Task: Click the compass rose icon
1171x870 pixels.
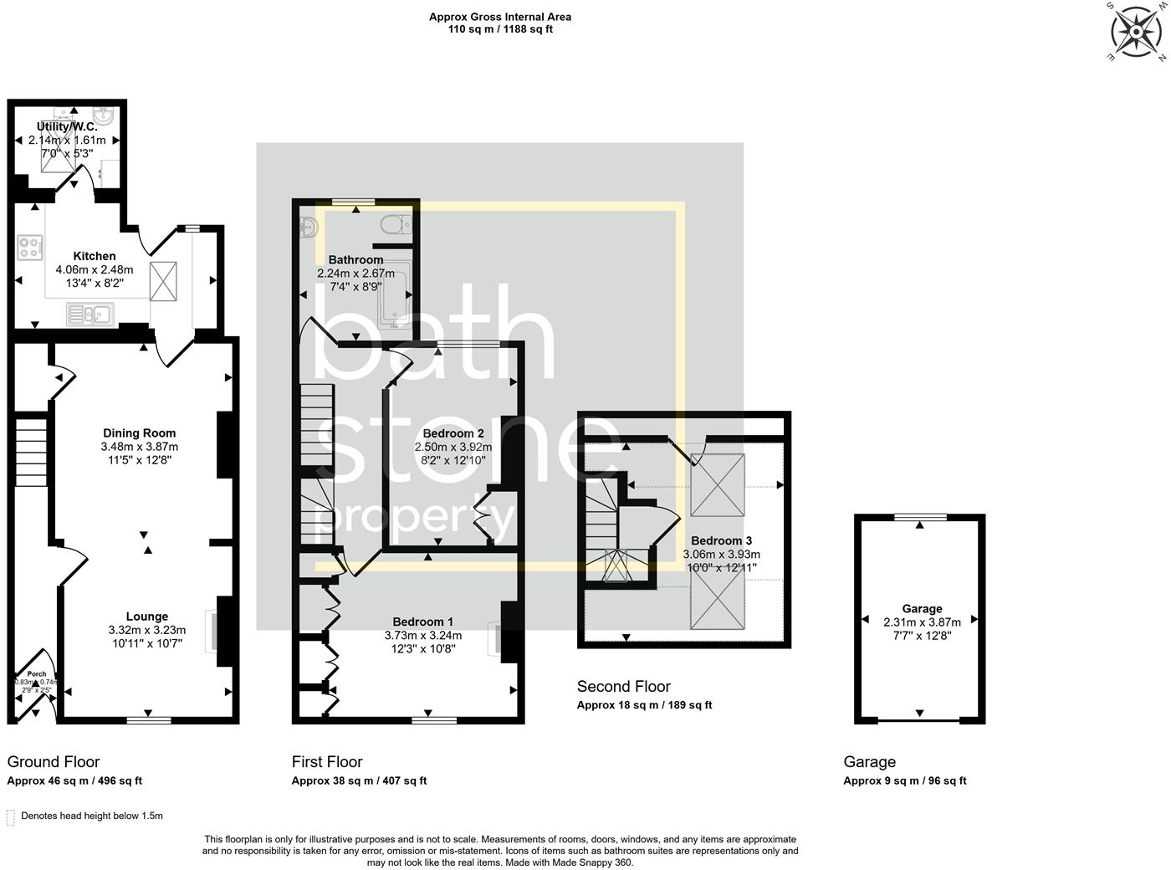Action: pos(1136,32)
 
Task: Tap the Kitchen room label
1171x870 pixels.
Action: pos(95,256)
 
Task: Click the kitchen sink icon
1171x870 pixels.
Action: pos(92,315)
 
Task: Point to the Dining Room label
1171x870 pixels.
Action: pos(139,432)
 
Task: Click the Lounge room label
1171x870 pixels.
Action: pos(147,617)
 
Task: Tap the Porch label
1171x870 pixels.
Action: pos(37,673)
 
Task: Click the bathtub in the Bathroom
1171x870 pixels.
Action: pos(393,297)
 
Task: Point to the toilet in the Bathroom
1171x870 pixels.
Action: pos(393,224)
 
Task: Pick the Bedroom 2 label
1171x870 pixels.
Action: pos(453,433)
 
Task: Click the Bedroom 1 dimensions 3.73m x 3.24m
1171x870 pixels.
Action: pos(423,635)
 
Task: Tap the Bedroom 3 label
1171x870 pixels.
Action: pos(721,540)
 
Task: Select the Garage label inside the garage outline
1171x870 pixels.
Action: pos(922,609)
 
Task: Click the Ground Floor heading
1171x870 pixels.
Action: pos(54,761)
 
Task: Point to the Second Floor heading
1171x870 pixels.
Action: pos(624,687)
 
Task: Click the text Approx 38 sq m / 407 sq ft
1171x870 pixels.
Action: pos(359,780)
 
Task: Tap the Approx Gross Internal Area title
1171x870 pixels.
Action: pos(500,17)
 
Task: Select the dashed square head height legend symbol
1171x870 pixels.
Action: pos(11,816)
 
